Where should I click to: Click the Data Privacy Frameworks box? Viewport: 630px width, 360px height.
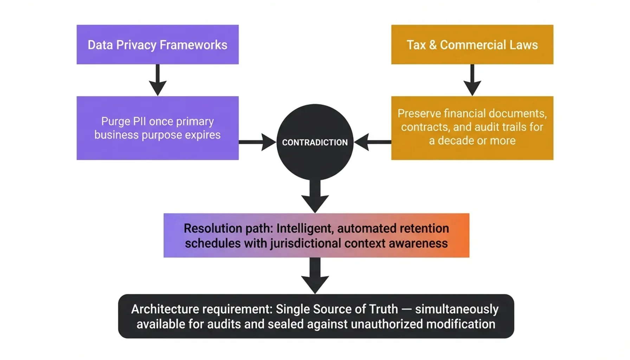(x=157, y=45)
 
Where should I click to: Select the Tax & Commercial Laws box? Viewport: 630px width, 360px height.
(x=472, y=45)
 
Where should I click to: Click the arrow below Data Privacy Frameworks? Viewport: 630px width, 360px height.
(x=157, y=80)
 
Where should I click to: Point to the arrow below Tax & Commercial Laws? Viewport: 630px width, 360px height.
(x=472, y=80)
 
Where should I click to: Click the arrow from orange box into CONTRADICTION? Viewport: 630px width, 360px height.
(x=373, y=142)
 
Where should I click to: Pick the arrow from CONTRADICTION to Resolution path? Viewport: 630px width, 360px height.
(x=315, y=196)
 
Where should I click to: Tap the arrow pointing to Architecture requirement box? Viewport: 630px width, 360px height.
(x=315, y=276)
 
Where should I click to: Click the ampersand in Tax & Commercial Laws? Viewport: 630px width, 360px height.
(x=433, y=45)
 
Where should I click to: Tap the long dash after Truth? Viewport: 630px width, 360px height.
(x=406, y=309)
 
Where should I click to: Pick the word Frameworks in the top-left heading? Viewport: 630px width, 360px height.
(x=193, y=45)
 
